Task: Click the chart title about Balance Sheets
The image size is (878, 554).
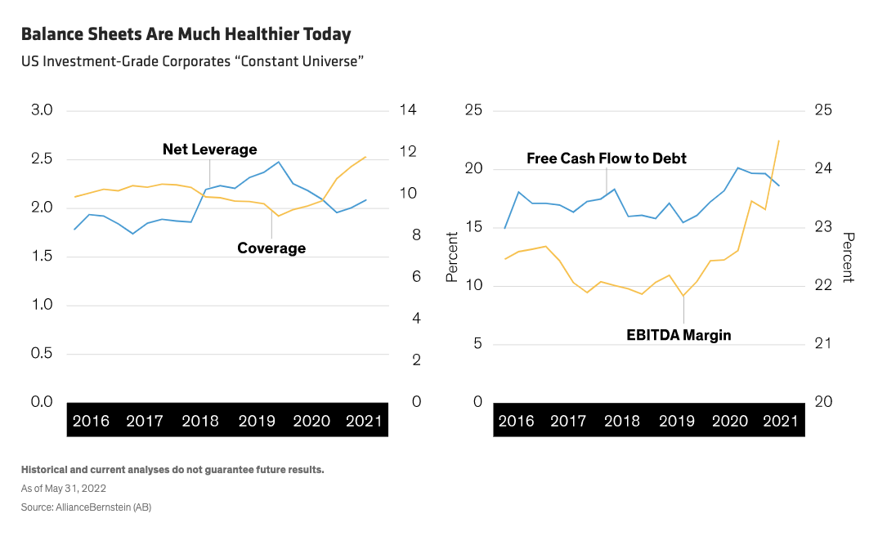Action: coord(186,34)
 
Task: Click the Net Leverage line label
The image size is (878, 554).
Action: coord(209,150)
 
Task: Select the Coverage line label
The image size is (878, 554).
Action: coord(271,248)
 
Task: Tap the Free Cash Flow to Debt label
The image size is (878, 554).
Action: coord(606,158)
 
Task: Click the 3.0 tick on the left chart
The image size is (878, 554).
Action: coord(41,110)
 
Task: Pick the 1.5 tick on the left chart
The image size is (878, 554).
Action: coord(41,257)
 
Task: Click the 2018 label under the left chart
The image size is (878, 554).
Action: coord(200,422)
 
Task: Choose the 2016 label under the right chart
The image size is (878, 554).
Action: coord(516,422)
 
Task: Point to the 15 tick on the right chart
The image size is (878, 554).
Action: coord(474,227)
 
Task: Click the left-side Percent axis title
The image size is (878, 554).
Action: coord(451,257)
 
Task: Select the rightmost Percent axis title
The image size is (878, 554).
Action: coord(849,257)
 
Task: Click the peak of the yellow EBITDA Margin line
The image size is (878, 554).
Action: coord(778,141)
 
